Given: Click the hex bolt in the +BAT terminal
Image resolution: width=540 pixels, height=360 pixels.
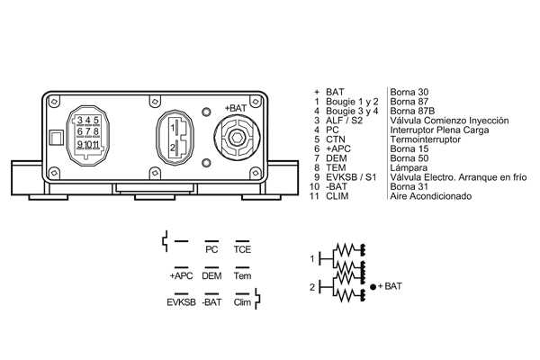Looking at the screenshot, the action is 236,139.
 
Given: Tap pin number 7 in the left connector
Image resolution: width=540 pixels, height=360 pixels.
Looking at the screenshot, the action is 88,131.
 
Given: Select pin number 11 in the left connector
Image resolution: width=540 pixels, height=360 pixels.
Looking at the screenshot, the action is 95,144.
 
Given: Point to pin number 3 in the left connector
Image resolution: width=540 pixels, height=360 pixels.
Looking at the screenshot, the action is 80,121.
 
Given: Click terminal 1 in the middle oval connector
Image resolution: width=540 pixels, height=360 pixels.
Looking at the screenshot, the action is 173,128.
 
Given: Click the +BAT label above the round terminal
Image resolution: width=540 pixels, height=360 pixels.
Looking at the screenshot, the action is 236,108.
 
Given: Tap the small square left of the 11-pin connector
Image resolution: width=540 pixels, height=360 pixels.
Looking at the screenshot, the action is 57,138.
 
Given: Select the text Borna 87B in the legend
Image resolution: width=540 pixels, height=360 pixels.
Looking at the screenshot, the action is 412,111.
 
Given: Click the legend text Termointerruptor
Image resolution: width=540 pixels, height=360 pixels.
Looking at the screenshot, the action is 426,139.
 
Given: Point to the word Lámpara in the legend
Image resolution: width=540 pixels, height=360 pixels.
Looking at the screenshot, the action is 409,167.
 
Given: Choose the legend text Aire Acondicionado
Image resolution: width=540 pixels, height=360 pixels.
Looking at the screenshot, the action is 431,196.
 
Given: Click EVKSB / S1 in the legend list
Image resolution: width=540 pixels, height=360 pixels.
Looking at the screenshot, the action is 351,177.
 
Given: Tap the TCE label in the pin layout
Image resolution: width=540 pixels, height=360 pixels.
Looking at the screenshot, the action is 242,249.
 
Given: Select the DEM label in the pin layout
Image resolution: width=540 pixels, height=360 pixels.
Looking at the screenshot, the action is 211,276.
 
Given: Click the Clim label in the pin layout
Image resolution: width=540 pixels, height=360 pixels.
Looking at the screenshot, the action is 242,302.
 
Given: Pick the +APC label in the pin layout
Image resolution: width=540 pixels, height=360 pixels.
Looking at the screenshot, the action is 181,276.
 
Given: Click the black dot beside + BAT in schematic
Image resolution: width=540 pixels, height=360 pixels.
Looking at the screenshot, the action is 373,286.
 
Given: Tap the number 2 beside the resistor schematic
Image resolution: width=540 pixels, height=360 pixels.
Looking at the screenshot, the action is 312,287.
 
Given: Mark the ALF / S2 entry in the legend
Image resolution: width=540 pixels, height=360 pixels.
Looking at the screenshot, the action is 344,121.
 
